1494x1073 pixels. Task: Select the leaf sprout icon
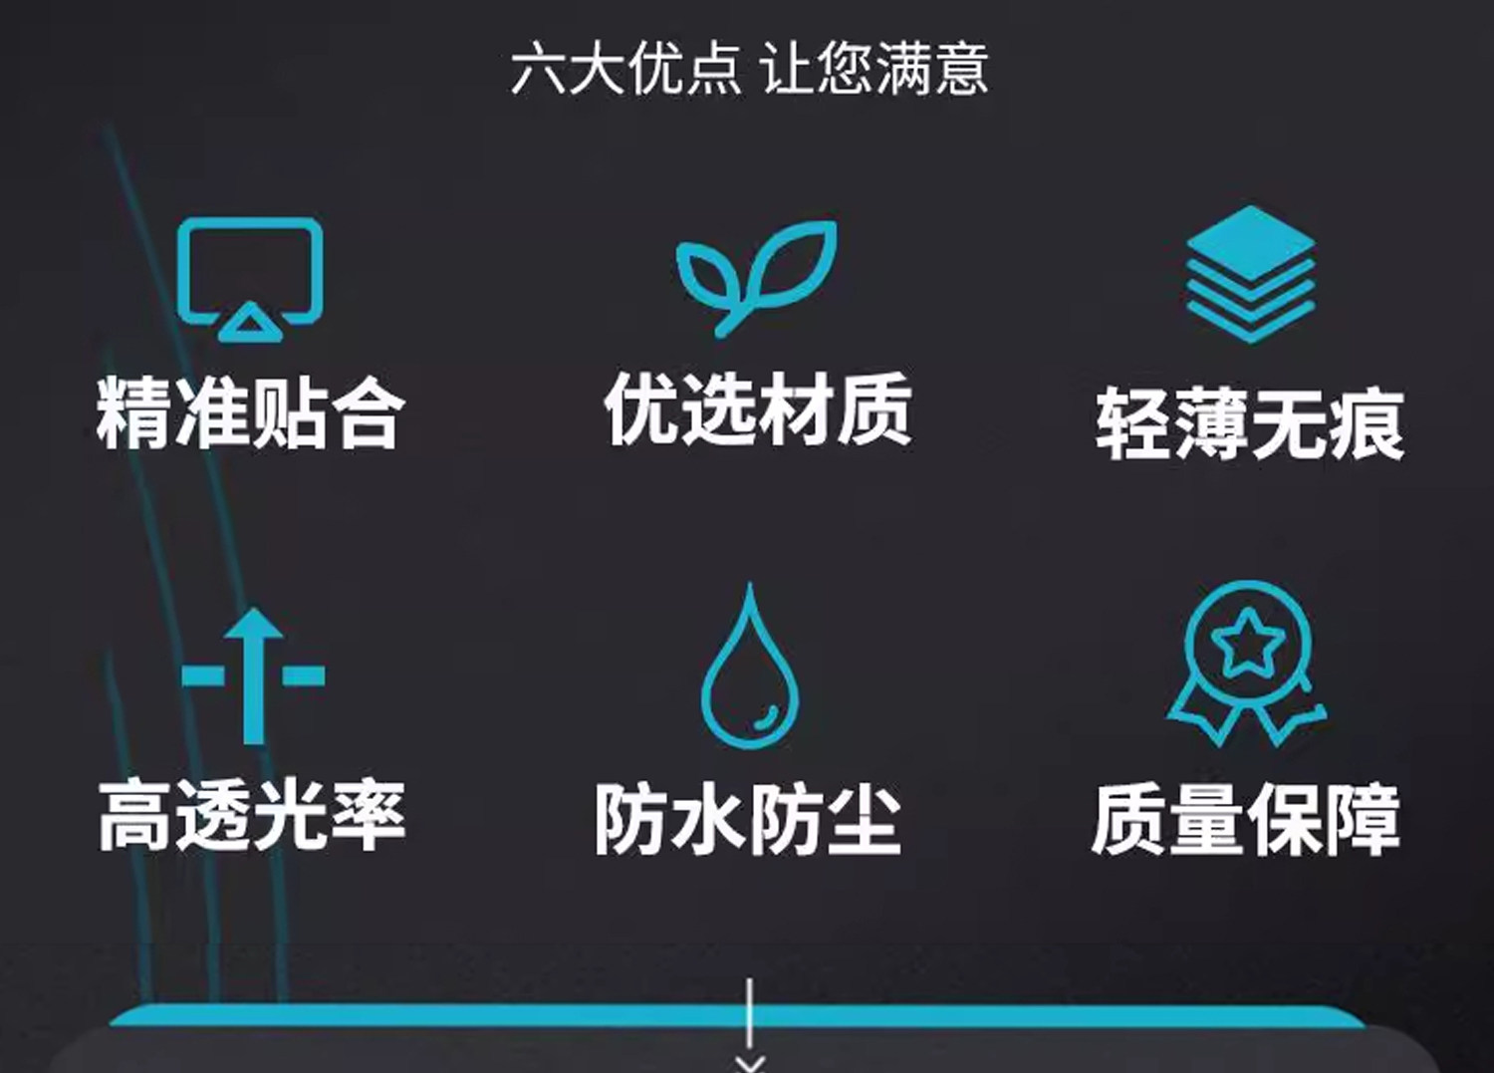click(x=756, y=275)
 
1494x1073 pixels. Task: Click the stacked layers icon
click(x=1250, y=273)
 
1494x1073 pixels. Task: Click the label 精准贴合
click(x=251, y=411)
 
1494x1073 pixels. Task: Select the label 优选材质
click(x=757, y=408)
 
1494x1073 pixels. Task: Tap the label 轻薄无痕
click(x=1250, y=424)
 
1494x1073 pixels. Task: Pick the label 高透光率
click(x=252, y=815)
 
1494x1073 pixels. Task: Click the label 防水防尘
click(x=748, y=819)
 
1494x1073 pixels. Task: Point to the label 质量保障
click(x=1246, y=819)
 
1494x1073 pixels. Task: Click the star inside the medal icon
click(x=1247, y=643)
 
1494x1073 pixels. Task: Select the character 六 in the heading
click(x=539, y=69)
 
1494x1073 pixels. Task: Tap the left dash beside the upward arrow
click(x=203, y=674)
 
